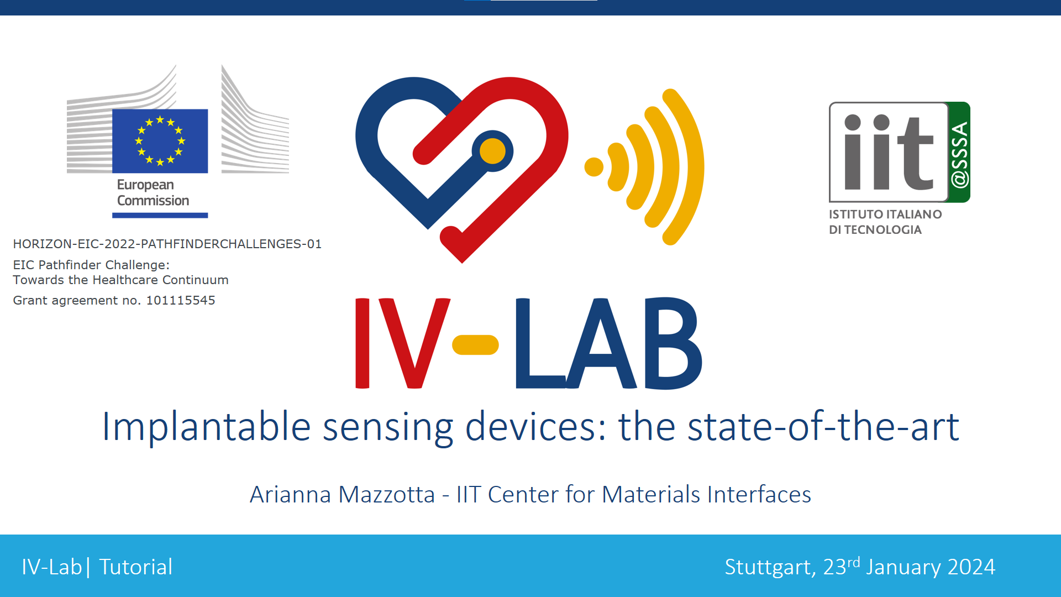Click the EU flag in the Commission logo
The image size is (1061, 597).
[160, 141]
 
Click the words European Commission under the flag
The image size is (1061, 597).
[153, 192]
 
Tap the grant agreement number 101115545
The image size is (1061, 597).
[181, 300]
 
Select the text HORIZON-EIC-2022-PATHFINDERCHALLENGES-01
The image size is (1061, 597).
[167, 244]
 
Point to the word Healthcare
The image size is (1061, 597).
[125, 280]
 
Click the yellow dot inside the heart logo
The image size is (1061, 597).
[492, 151]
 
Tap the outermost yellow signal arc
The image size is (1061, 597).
[684, 166]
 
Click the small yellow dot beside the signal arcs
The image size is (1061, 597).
[594, 167]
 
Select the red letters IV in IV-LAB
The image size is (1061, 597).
[402, 343]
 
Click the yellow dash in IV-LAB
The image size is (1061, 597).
[475, 344]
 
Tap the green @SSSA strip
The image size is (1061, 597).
[960, 152]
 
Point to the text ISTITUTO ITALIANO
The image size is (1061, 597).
[885, 214]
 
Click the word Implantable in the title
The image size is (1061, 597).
[206, 427]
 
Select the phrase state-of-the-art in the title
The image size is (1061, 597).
[823, 426]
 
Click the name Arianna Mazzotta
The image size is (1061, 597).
[343, 494]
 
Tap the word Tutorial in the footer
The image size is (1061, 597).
[136, 567]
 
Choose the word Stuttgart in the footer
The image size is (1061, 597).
[768, 567]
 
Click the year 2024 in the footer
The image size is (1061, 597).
[971, 567]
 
